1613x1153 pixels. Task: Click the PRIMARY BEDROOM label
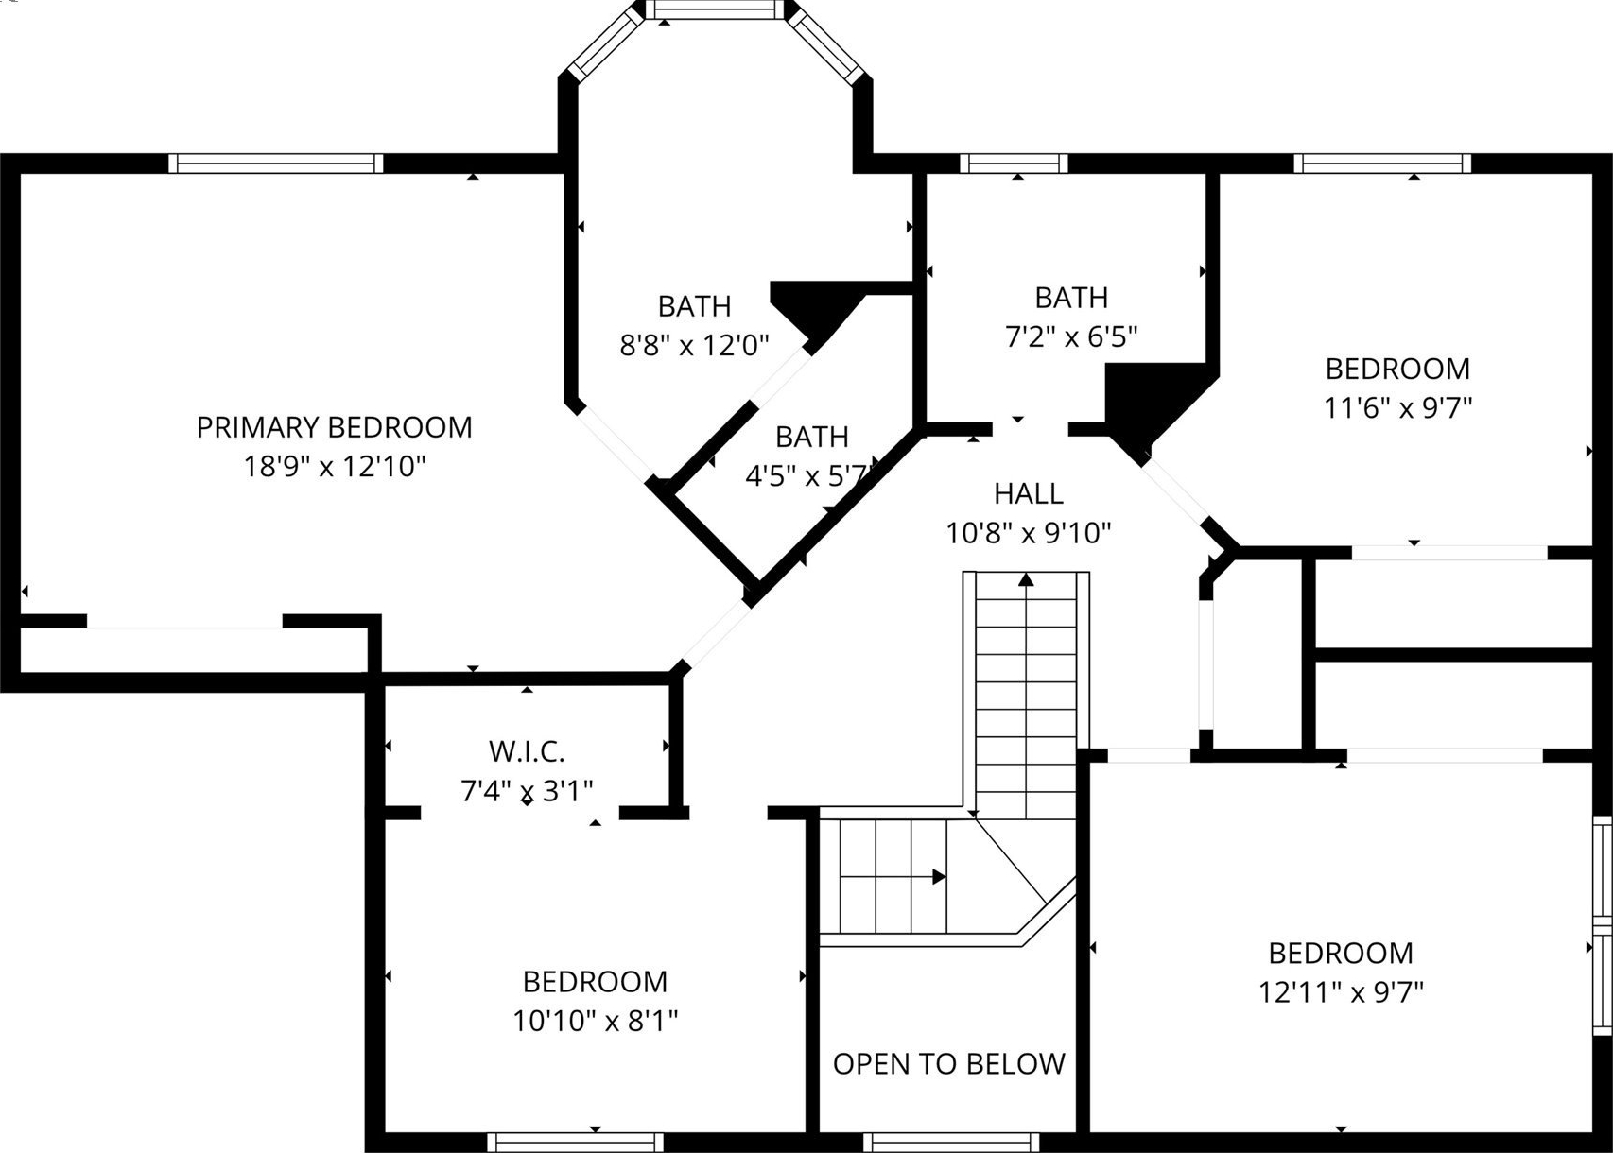point(334,427)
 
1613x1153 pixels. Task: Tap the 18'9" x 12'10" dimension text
point(334,466)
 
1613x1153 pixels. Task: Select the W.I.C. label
point(527,751)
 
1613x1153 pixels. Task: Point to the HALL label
point(1029,493)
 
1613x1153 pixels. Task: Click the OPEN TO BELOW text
point(949,1064)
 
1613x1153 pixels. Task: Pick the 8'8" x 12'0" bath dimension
point(694,346)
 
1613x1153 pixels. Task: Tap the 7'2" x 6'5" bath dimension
point(1071,336)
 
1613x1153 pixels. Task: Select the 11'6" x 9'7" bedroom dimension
point(1397,408)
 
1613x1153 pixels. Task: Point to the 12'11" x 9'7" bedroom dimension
point(1341,992)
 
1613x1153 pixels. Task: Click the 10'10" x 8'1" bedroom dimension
point(595,1021)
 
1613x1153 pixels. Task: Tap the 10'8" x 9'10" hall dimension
point(1029,533)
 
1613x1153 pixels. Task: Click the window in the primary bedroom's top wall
point(276,163)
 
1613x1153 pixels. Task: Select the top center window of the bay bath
point(714,9)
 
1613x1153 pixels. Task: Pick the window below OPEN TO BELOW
point(950,1143)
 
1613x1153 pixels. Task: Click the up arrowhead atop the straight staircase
point(1026,578)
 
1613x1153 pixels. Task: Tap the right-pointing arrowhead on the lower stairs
point(939,877)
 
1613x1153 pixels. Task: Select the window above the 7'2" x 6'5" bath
point(1014,163)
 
